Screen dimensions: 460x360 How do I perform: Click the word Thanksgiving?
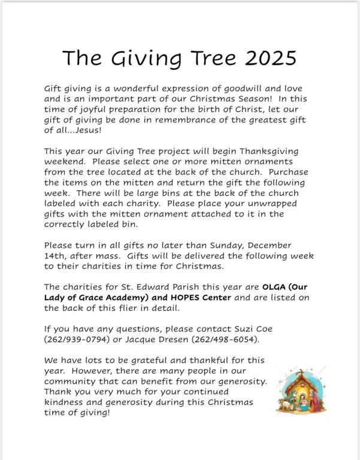[272, 152]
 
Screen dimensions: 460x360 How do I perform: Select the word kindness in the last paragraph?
[66, 402]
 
